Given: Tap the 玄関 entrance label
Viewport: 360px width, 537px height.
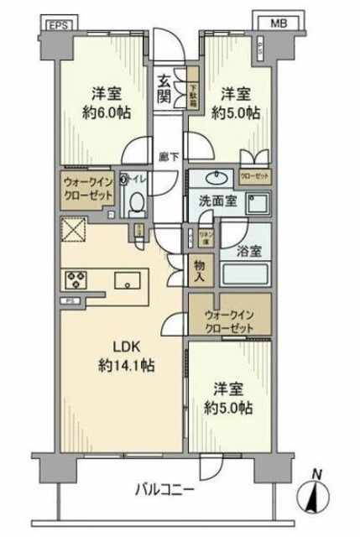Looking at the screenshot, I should point(164,88).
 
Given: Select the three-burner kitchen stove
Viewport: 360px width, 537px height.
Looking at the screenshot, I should point(75,279).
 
